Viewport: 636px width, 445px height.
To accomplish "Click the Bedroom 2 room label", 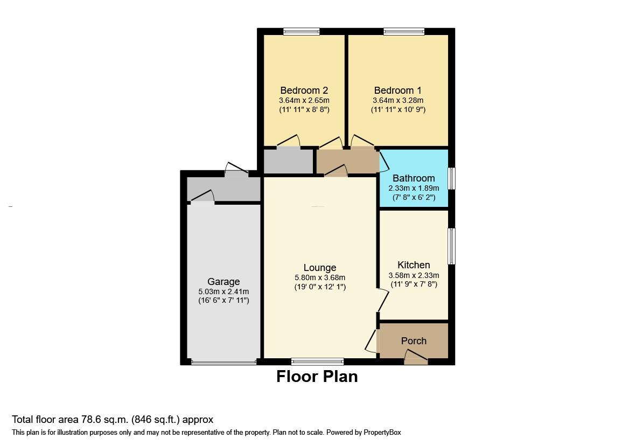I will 304,91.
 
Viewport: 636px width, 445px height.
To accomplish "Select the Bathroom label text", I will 414,178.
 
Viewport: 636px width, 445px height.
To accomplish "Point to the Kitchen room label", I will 414,265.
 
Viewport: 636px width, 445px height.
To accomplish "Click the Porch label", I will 414,341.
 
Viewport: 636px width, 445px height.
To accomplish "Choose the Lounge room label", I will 320,268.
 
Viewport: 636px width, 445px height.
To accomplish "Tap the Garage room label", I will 223,282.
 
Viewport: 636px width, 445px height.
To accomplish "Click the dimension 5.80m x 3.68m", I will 320,277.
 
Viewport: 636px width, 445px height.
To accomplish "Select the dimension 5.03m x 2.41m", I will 223,291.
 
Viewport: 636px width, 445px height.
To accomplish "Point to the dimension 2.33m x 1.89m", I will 414,188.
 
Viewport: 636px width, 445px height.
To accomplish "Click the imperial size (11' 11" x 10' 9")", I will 398,109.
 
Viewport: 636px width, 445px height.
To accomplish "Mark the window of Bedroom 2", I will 302,32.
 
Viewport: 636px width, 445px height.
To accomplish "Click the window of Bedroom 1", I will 404,32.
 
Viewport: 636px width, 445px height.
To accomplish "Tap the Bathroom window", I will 452,178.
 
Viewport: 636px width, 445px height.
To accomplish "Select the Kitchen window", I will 452,246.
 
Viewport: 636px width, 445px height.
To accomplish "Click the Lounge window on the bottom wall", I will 317,361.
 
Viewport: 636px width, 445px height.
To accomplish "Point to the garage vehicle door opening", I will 223,362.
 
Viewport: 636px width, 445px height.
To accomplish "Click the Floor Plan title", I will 317,377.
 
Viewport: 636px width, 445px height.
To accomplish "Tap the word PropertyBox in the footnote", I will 379,433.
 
